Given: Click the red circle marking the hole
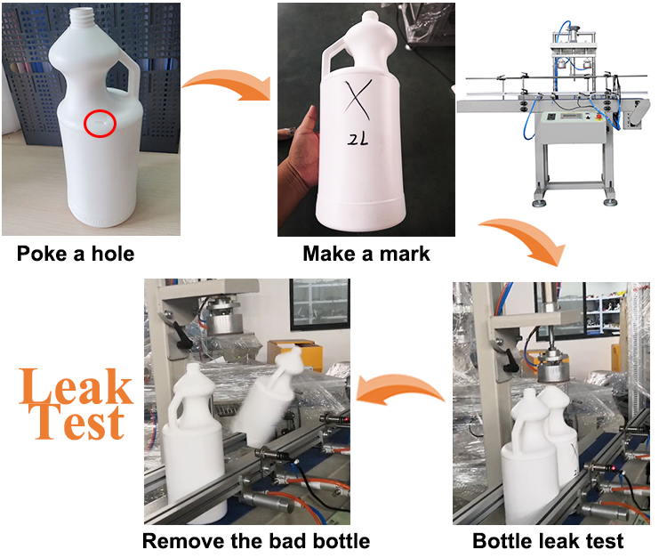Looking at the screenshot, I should pyautogui.click(x=100, y=124).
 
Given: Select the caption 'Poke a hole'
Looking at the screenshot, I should pyautogui.click(x=76, y=254).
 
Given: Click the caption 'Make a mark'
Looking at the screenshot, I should pyautogui.click(x=366, y=254).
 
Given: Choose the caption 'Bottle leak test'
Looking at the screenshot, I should pyautogui.click(x=548, y=540).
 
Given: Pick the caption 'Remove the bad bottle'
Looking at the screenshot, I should pyautogui.click(x=256, y=540).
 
